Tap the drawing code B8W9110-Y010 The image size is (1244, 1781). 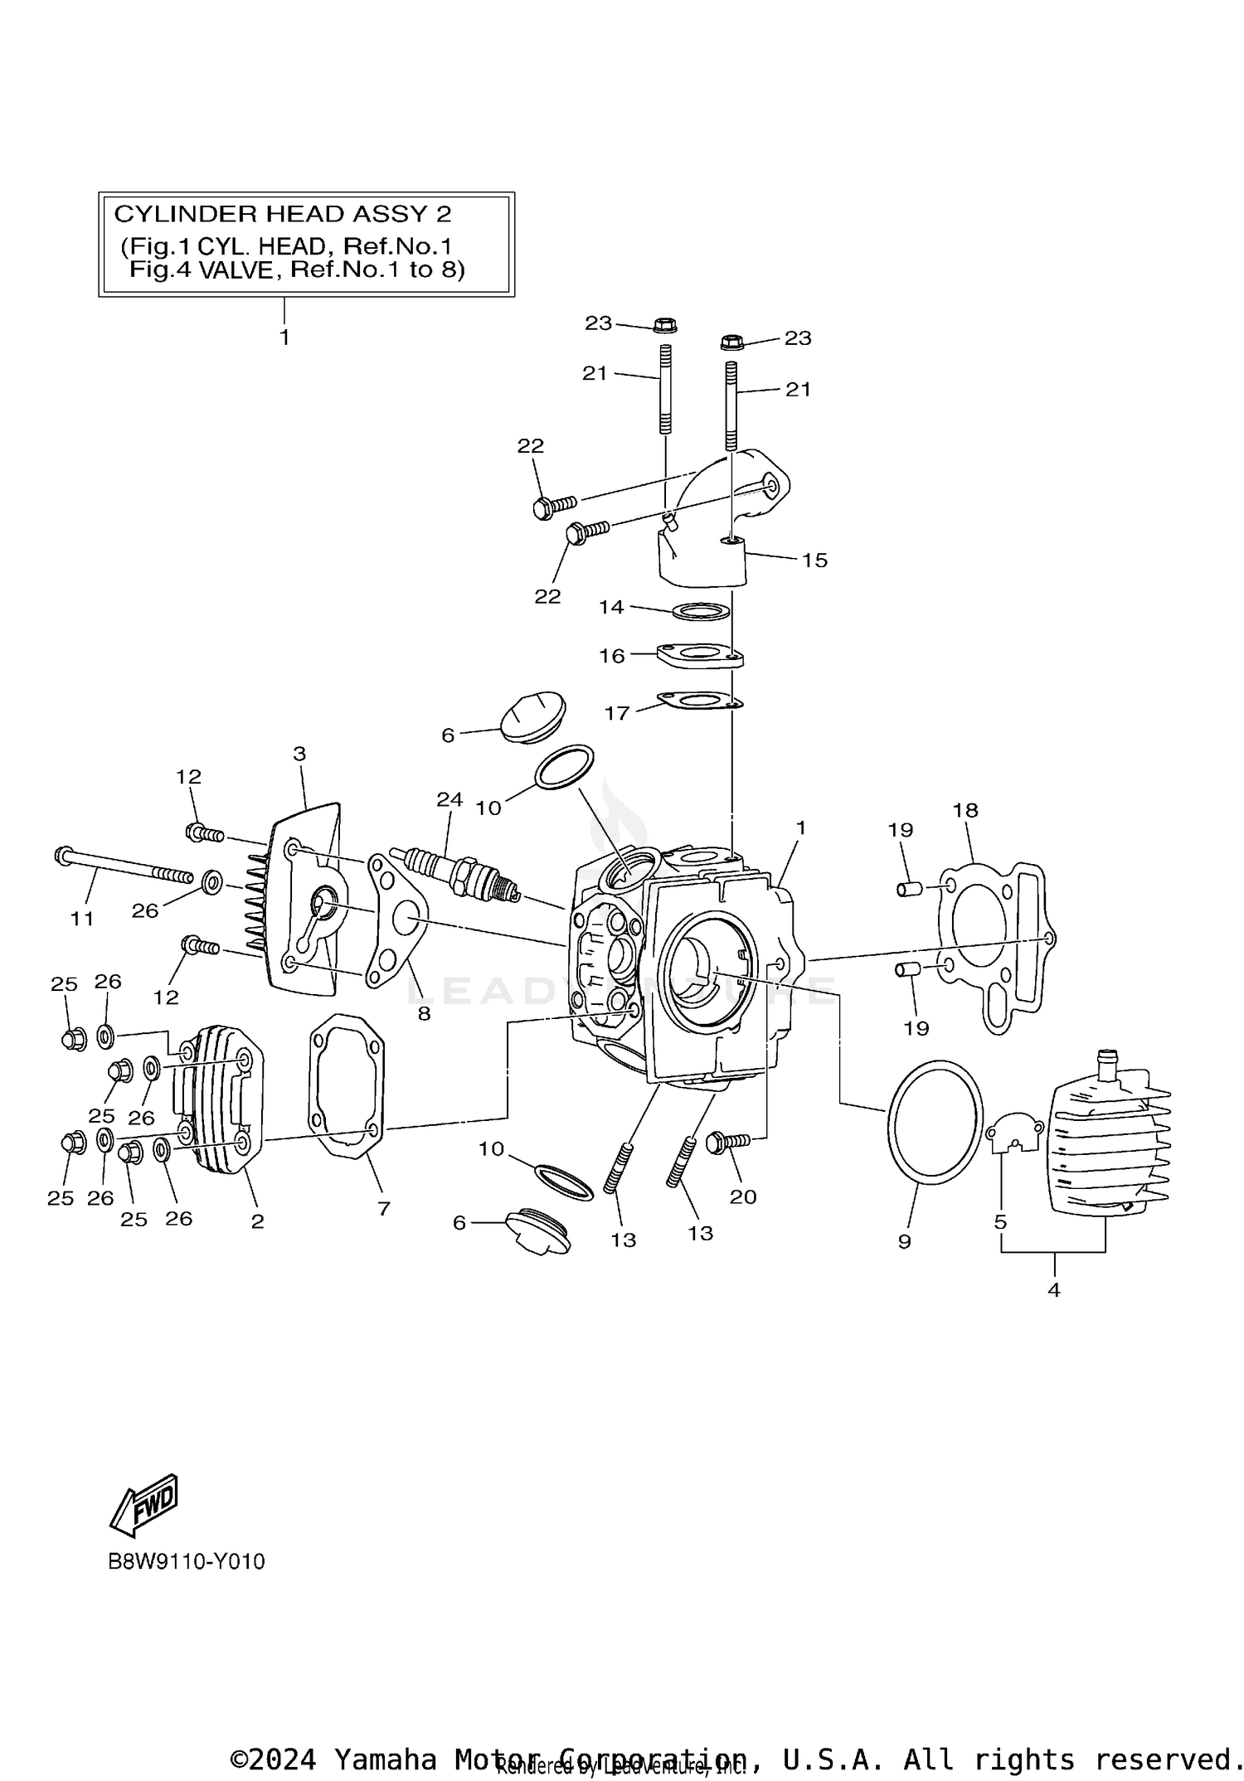pos(187,1561)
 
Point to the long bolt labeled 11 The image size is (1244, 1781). pos(124,866)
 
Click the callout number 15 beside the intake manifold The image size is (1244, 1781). pos(814,560)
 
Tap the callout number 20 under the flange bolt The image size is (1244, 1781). pos(742,1196)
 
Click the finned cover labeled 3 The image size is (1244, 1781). pos(307,900)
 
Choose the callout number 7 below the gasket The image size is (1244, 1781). pos(383,1208)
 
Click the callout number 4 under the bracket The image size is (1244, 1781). pos(1053,1289)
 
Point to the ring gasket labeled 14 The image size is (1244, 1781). pos(701,613)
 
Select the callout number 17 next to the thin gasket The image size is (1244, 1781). pos(616,713)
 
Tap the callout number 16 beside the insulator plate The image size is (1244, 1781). pos(611,656)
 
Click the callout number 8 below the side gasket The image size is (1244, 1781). pos(424,1013)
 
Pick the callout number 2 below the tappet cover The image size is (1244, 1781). pos(257,1220)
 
